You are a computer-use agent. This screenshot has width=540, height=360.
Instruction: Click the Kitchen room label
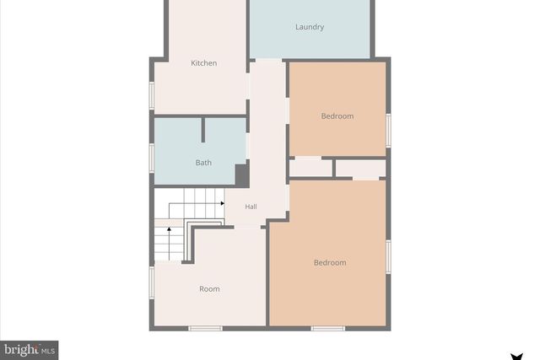click(x=203, y=63)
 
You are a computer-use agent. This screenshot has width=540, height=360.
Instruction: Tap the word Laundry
click(x=310, y=27)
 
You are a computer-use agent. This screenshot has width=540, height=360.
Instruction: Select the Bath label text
click(x=203, y=163)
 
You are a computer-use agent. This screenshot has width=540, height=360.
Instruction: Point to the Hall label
click(x=251, y=207)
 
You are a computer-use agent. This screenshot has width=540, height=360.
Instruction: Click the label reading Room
click(x=209, y=289)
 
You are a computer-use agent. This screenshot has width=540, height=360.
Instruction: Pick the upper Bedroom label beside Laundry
click(x=337, y=116)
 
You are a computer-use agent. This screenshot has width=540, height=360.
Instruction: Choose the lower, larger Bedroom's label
click(x=330, y=263)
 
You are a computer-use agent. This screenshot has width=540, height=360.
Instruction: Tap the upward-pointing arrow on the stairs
click(x=169, y=228)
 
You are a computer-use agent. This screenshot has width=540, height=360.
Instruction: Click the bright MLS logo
click(x=29, y=349)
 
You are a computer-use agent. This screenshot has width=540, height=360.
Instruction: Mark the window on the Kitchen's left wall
click(x=152, y=94)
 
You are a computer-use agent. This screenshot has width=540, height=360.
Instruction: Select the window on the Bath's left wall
click(x=152, y=157)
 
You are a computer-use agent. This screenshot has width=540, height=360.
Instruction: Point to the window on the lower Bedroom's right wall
click(x=389, y=256)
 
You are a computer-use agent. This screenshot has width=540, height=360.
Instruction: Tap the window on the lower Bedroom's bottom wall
click(x=329, y=327)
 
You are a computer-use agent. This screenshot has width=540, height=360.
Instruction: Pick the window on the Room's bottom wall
click(x=205, y=327)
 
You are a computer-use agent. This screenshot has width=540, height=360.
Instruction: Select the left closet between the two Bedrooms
click(x=310, y=168)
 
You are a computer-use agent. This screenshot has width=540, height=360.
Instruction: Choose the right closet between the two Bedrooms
click(x=360, y=168)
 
